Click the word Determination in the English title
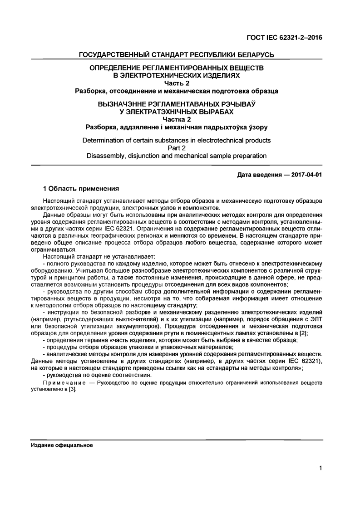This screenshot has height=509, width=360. [104, 140]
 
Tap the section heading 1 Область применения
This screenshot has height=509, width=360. [81, 188]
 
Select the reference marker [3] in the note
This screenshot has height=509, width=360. [72, 389]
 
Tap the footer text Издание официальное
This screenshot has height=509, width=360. [62, 445]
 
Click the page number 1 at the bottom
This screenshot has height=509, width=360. [321, 469]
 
